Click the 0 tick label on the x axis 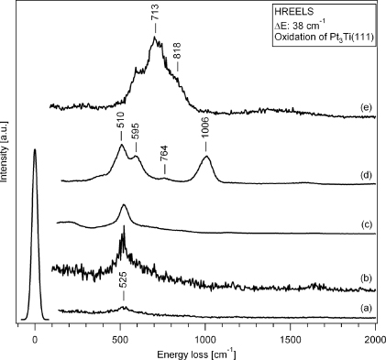tap(35, 338)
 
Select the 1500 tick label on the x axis tap(291, 338)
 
